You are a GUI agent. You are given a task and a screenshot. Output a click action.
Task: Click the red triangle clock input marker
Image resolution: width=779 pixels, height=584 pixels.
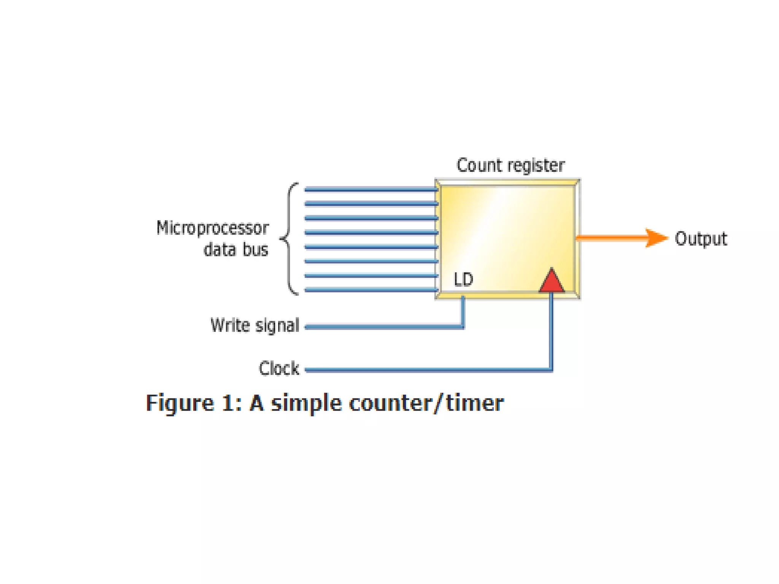pos(552,282)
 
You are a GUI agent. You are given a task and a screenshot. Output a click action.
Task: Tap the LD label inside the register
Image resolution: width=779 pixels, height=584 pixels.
pos(463,280)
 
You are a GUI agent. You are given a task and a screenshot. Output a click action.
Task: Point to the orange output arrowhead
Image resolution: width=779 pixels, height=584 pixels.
pos(656,238)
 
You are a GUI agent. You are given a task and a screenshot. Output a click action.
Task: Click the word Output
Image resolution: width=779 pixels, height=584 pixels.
pos(701,239)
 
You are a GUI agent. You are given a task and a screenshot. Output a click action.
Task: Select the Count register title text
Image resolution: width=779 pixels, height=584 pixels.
pos(510,166)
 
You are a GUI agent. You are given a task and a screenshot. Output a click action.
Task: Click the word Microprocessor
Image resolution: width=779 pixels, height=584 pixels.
pos(213,228)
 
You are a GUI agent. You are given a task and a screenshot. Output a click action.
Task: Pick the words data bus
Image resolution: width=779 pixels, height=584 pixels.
pos(236,250)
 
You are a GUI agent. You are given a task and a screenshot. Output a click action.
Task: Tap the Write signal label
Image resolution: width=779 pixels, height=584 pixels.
pos(255,326)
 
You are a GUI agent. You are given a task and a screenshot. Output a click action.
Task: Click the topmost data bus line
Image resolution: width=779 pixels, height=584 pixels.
pos(371,189)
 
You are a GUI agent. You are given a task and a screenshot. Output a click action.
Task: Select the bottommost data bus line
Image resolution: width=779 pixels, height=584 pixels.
pos(371,290)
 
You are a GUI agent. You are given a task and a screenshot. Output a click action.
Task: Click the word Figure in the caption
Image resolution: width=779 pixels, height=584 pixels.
pos(180,403)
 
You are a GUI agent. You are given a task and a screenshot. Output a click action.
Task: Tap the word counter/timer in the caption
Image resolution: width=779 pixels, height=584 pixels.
pos(426,403)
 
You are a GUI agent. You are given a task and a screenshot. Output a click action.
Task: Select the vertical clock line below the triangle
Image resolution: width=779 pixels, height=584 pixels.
pos(552,331)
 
